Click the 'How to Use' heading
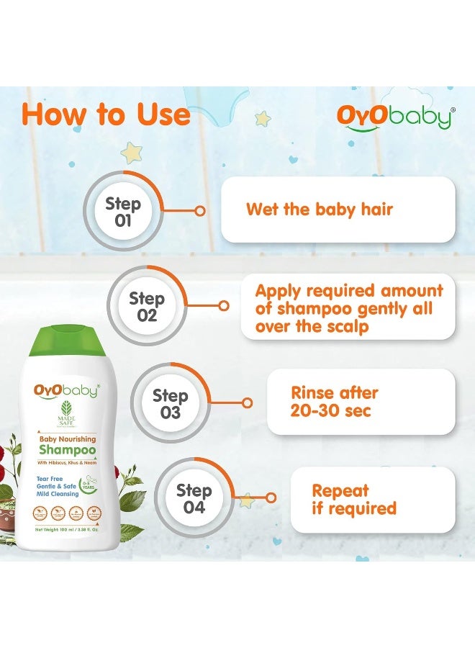[x=107, y=115]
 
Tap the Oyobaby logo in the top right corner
[x=395, y=117]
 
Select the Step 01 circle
[x=123, y=211]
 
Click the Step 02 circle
[x=147, y=307]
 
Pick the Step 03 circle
[x=170, y=403]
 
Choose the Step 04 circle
[x=194, y=498]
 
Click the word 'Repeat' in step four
[x=340, y=491]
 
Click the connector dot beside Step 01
[x=200, y=211]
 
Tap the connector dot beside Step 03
[x=248, y=403]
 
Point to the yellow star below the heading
[x=131, y=152]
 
